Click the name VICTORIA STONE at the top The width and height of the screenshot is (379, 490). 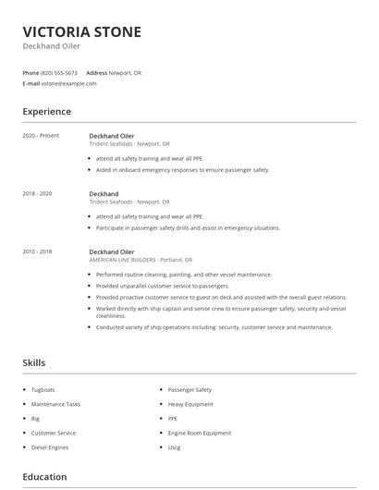point(82,32)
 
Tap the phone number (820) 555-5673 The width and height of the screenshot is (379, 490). point(59,72)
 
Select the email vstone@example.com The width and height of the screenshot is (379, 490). point(68,83)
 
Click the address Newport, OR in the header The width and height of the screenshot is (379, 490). point(125,72)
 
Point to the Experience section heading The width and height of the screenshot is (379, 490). point(46,112)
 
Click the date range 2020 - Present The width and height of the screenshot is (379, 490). point(41,136)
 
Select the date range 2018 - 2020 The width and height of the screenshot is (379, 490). point(38,193)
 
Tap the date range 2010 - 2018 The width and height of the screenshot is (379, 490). point(38,251)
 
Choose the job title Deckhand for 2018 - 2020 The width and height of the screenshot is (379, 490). point(104,193)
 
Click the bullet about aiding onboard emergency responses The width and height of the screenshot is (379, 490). point(182,170)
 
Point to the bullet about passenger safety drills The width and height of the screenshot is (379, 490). point(188,227)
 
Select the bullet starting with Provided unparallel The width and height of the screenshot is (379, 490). point(162,286)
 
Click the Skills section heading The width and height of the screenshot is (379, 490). point(33,363)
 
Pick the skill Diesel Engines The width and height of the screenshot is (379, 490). point(50,447)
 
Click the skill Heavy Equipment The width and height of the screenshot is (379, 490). point(190,404)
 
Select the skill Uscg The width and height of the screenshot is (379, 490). point(175,447)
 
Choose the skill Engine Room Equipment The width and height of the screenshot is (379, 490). point(200,433)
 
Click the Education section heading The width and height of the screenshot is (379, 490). point(44,477)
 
